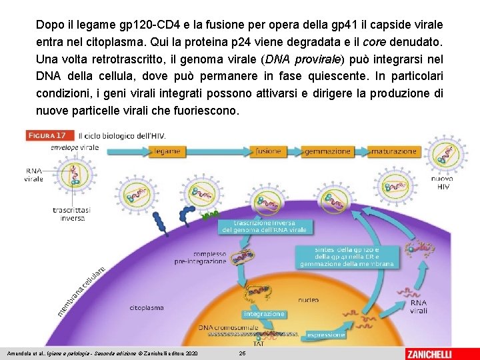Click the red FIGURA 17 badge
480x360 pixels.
point(50,135)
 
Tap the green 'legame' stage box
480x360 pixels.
point(166,151)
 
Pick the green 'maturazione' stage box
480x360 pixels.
point(394,151)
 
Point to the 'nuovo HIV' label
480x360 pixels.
point(441,183)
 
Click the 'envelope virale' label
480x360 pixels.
point(74,147)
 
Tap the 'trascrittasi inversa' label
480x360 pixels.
point(73,213)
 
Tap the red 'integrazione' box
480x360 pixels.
point(264,313)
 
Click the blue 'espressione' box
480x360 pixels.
point(326,334)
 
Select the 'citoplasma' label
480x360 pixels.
point(147,308)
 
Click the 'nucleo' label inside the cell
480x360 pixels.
point(309,301)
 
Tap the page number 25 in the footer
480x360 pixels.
point(243,352)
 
